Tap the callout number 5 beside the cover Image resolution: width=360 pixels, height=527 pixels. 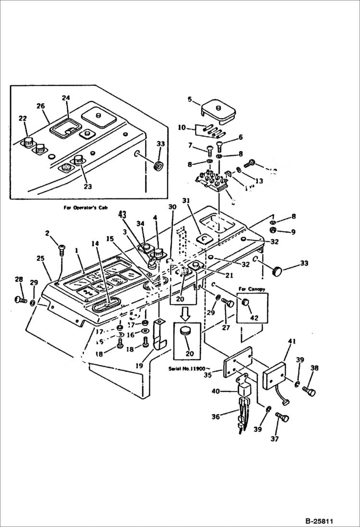pyautogui.click(x=190, y=100)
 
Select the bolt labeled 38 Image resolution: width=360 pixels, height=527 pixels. pyautogui.click(x=309, y=392)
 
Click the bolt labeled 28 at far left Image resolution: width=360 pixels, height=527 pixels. pyautogui.click(x=20, y=300)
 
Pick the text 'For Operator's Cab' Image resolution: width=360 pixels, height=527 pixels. pyautogui.click(x=86, y=208)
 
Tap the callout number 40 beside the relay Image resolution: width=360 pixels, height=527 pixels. pyautogui.click(x=216, y=392)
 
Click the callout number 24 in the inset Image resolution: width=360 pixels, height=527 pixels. pyautogui.click(x=66, y=98)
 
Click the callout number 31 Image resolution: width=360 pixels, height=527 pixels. pyautogui.click(x=186, y=200)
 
